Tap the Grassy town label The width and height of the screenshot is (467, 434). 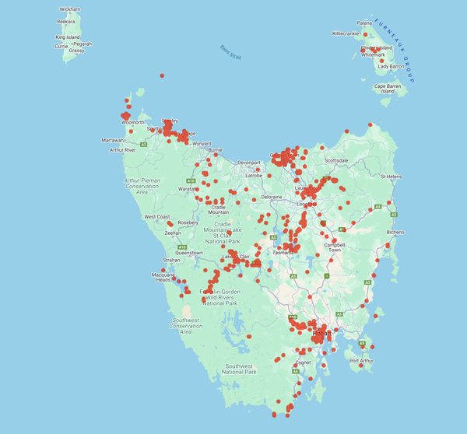coord(76,51)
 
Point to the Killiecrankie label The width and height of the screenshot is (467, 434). coord(346,33)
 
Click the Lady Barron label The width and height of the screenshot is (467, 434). coord(392,66)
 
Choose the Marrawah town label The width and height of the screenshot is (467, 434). coord(113,140)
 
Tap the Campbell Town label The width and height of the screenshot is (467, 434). coord(333,247)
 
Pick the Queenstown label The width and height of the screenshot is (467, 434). coord(189,253)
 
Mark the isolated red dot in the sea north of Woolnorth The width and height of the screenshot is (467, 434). coord(161,75)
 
